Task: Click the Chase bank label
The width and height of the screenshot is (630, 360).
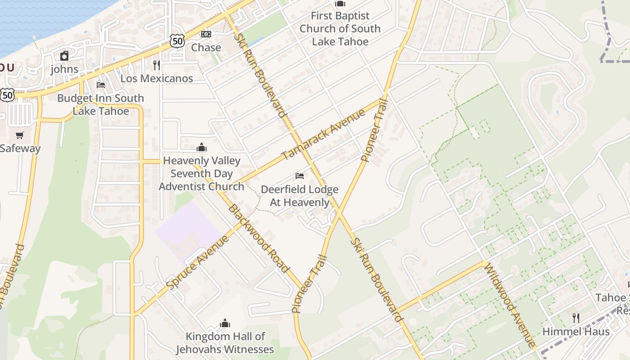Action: tap(206, 47)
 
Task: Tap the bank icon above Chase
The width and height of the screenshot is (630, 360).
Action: tap(206, 34)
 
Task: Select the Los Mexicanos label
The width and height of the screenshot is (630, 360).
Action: tap(157, 78)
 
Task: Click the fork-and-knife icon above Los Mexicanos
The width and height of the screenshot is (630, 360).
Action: tap(157, 65)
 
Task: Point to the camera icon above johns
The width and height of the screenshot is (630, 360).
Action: tap(64, 56)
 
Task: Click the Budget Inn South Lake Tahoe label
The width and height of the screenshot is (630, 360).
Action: tap(101, 104)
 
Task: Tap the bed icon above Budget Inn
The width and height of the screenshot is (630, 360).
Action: tap(101, 85)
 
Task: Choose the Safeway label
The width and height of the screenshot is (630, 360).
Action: tap(20, 148)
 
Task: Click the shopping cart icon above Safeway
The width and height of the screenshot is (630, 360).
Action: tap(20, 135)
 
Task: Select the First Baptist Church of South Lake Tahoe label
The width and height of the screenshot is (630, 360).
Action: tap(340, 28)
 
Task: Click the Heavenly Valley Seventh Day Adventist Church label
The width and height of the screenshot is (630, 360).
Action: tap(202, 173)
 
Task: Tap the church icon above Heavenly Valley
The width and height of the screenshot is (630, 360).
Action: tap(202, 147)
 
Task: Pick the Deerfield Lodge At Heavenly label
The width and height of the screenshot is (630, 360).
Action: tap(300, 196)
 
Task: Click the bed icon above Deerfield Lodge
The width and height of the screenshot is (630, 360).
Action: tap(300, 176)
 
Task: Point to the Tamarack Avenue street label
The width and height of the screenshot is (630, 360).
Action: tap(324, 135)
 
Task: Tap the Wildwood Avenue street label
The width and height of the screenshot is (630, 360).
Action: tap(509, 306)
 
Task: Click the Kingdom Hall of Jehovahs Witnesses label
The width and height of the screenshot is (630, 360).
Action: tap(225, 342)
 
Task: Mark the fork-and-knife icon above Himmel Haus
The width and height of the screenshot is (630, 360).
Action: tap(576, 318)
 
